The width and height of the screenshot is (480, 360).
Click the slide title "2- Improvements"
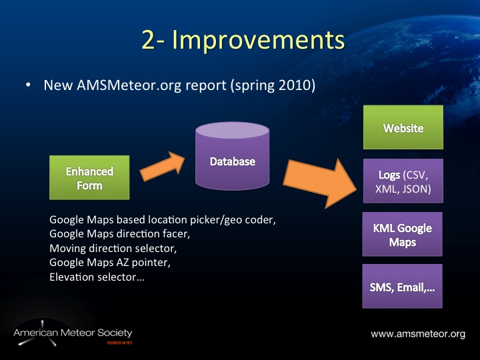pyautogui.click(x=243, y=40)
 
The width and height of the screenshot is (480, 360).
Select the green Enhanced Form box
pyautogui.click(x=89, y=178)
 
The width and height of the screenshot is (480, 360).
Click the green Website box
pyautogui.click(x=403, y=127)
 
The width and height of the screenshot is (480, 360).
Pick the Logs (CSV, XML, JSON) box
pyautogui.click(x=403, y=181)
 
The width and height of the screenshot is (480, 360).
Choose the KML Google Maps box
pyautogui.click(x=403, y=234)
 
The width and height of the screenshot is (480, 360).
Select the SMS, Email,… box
pyautogui.click(x=403, y=287)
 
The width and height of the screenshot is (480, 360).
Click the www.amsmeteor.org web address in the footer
pyautogui.click(x=417, y=333)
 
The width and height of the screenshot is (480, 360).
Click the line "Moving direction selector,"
pyautogui.click(x=107, y=248)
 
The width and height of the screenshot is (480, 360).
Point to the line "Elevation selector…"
pyautogui.click(x=96, y=277)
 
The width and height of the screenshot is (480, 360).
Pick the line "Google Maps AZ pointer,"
pyautogui.click(x=110, y=263)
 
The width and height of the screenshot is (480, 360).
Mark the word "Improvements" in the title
pyautogui.click(x=260, y=40)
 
